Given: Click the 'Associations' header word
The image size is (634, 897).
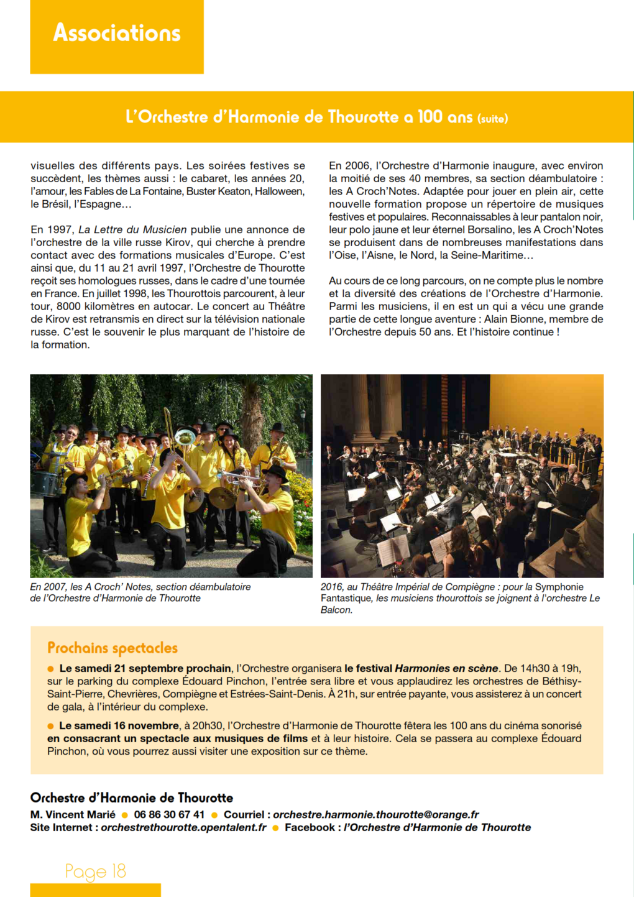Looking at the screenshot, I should point(117,32).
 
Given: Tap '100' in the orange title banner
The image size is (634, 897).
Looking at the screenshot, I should point(430,116).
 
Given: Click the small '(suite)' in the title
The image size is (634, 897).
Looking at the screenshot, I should point(492,118).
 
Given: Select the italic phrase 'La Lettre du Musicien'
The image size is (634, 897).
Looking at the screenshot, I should point(132,229).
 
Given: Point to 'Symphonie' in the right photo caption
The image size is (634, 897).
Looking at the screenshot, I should point(559,587).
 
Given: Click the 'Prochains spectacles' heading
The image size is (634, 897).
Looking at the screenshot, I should point(113,648).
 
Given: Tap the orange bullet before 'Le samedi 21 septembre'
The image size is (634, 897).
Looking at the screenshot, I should point(51,669).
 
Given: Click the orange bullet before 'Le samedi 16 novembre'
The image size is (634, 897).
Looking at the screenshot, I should point(51,726).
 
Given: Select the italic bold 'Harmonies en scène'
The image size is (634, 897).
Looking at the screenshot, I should point(446,668).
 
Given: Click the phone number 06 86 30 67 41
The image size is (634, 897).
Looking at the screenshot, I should point(169,814).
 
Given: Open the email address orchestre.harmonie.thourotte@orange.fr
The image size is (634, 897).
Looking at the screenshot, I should point(376,814).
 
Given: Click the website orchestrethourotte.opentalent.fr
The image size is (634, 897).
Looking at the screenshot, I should point(183,827).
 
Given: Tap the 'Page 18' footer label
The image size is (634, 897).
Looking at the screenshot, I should point(96,872).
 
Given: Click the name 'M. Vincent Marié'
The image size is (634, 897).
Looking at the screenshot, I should point(73,814).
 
